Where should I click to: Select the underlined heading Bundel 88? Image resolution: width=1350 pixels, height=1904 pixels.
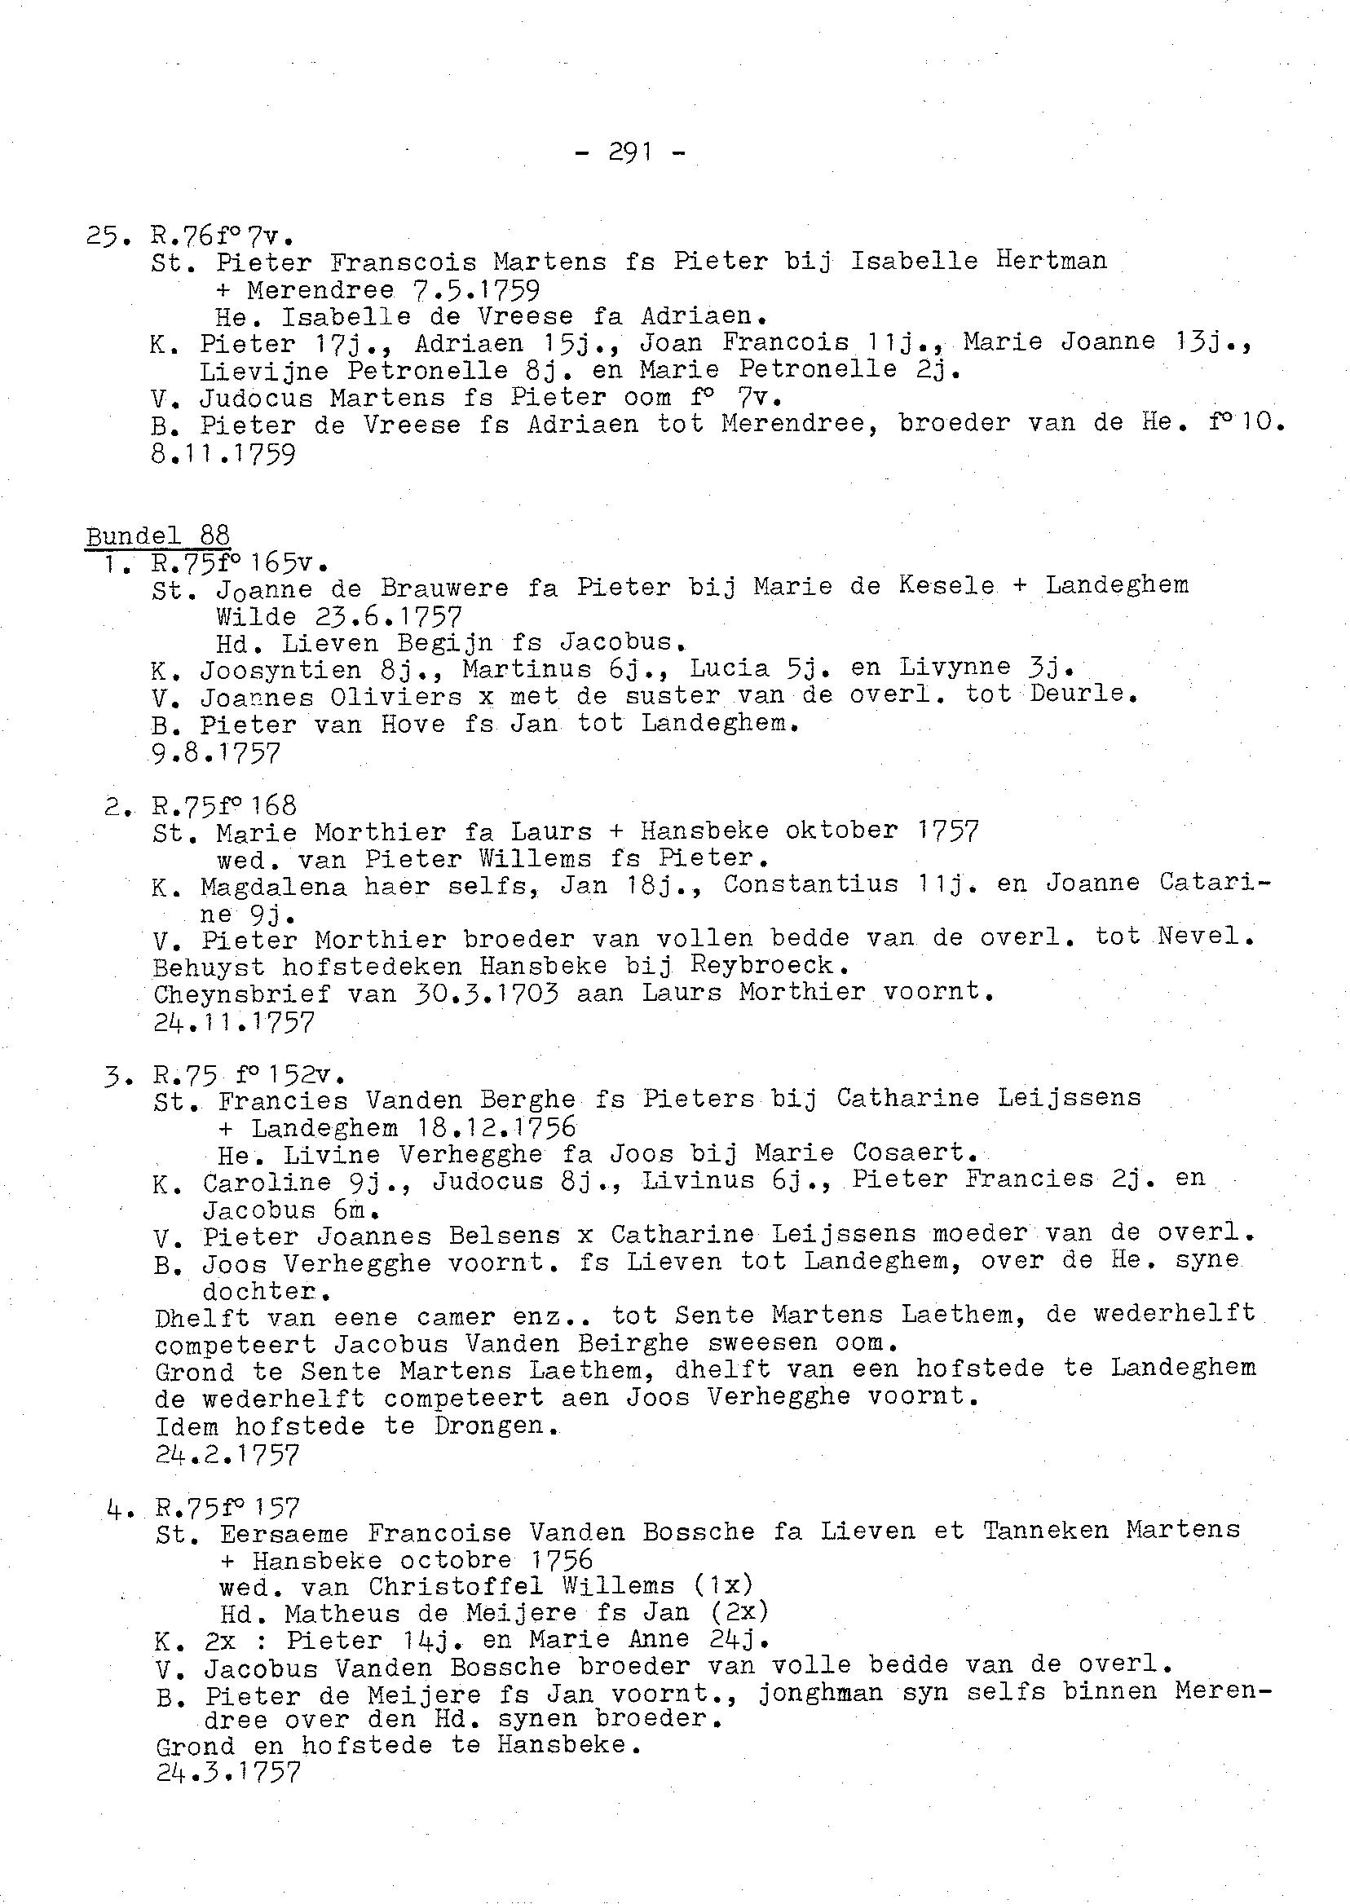tap(158, 535)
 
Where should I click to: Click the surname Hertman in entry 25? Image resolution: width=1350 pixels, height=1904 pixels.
tap(1052, 261)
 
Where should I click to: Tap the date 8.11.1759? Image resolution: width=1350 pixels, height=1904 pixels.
tap(223, 455)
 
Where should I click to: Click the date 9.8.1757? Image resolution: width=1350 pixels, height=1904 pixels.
tap(216, 753)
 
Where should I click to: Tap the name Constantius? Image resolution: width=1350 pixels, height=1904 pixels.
tap(810, 884)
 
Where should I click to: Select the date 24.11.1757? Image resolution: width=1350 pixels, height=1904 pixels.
tap(234, 1021)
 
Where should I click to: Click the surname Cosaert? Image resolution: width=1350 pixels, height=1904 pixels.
tap(913, 1153)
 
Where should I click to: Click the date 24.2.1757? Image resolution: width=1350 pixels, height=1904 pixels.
tap(227, 1454)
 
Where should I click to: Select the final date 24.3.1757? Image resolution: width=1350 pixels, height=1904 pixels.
tap(227, 1772)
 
